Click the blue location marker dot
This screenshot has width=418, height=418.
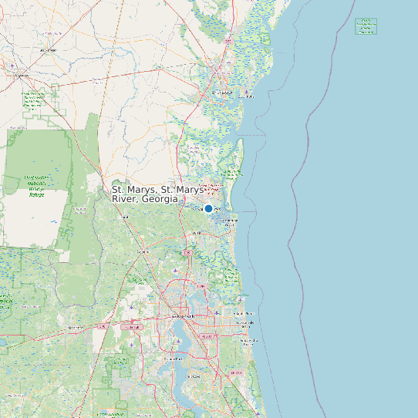click(x=208, y=208)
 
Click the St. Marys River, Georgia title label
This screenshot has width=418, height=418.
click(x=158, y=194)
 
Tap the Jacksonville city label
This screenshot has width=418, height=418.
click(x=185, y=316)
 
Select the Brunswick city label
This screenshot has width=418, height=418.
click(x=221, y=93)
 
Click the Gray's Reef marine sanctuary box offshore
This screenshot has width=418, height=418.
click(x=366, y=26)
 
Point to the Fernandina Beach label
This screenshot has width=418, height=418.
click(x=230, y=222)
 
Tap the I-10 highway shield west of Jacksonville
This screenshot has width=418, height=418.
click(x=103, y=326)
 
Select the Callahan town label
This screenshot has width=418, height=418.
click(x=143, y=251)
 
